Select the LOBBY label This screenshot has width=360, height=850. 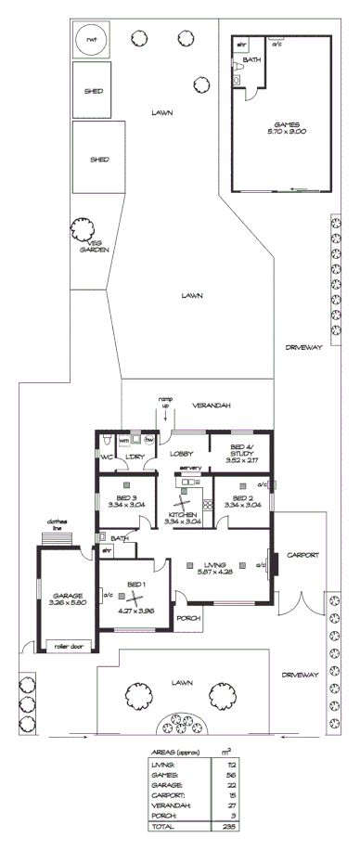180,452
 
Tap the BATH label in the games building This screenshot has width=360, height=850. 251,59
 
